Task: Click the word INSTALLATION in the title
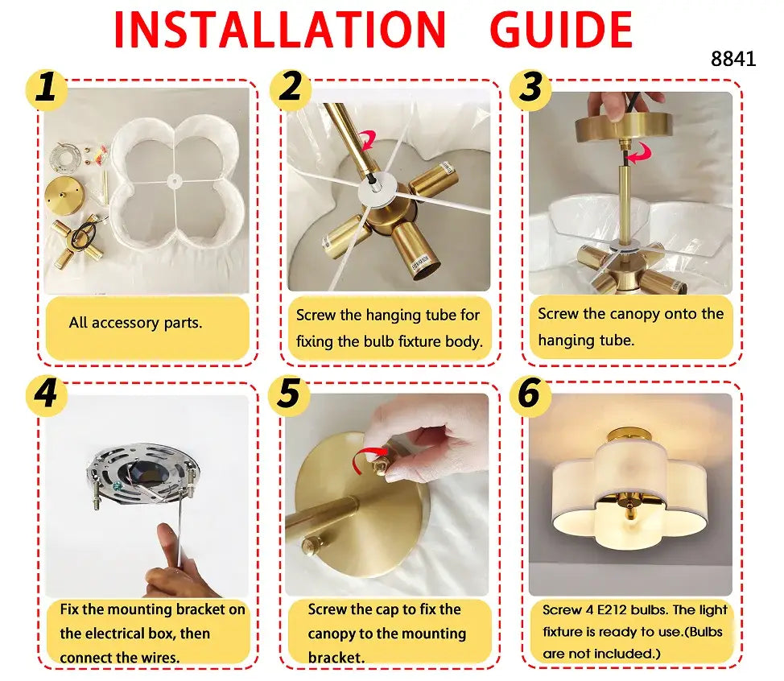tap(279, 30)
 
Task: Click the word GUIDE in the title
tap(560, 30)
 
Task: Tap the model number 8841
tap(733, 60)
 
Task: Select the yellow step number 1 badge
tap(47, 89)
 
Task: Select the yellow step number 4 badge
tap(47, 394)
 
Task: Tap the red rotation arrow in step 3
tap(641, 154)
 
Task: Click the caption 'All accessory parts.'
tap(135, 323)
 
